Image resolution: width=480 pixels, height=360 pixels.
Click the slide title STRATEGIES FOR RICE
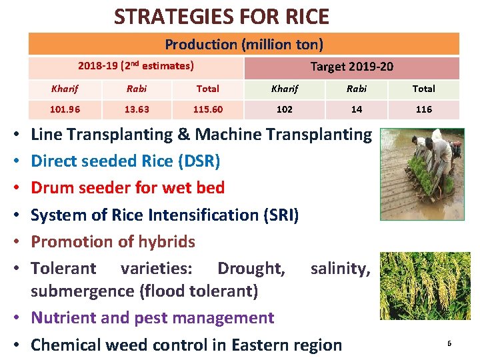coord(221,16)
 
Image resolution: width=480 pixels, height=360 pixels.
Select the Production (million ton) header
coord(244,45)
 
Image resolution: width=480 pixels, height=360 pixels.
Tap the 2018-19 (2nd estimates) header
coord(136,66)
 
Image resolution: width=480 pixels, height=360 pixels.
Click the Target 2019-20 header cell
coord(351,67)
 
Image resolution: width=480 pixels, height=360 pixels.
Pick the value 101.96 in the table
coord(65,109)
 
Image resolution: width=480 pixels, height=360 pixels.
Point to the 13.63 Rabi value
coord(137,109)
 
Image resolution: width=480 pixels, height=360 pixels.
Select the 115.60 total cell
coord(208,109)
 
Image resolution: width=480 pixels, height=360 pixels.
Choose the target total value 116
coord(423,109)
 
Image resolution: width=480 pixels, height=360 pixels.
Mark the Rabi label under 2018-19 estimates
coord(137,89)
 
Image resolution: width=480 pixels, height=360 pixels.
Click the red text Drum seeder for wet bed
coord(127,188)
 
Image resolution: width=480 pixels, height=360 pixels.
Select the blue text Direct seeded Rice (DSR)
coord(125,161)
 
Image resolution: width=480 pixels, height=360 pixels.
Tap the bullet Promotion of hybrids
coord(113,241)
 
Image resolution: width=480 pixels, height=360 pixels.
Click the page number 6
coord(449,343)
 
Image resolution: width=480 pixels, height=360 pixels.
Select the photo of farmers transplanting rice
coord(421,174)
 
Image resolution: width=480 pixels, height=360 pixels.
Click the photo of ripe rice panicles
coord(425,286)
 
